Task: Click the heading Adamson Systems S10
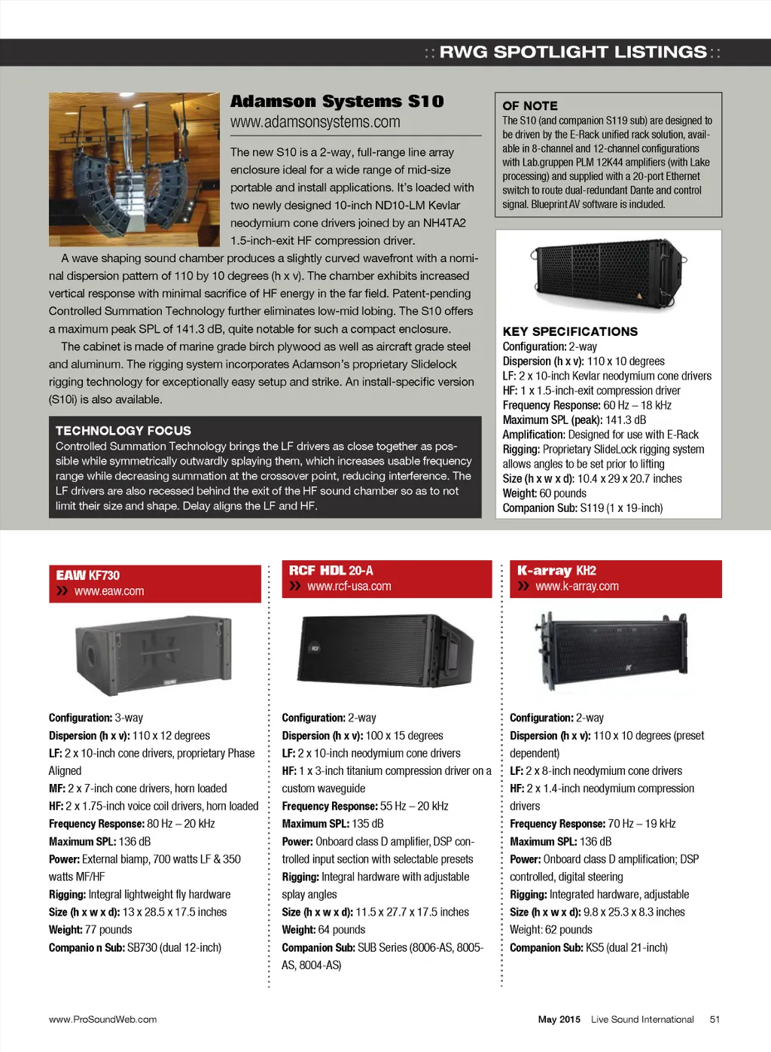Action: [337, 102]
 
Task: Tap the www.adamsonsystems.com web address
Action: [315, 122]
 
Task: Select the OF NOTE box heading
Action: [530, 106]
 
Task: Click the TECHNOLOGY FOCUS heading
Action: [123, 431]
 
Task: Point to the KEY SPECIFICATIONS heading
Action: [570, 331]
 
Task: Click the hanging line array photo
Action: [134, 169]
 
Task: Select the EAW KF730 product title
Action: [88, 575]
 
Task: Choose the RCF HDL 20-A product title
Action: [331, 571]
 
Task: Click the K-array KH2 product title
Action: [556, 571]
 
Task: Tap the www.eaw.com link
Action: [109, 591]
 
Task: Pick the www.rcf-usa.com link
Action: [349, 586]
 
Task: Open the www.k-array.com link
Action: [577, 586]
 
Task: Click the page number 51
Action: [715, 1019]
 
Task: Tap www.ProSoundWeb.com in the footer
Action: [103, 1019]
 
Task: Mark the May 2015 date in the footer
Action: [559, 1019]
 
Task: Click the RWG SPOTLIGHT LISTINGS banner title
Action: [573, 52]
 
